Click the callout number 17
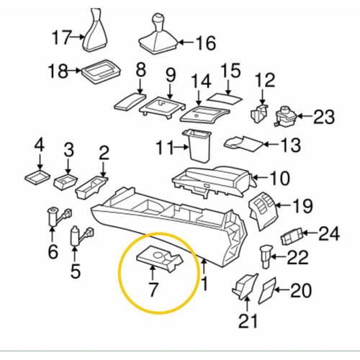62,37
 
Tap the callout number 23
324,117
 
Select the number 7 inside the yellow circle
153,289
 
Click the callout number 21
248,320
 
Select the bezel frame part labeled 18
101,72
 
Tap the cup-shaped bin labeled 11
197,145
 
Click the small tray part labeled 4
37,176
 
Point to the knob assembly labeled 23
286,117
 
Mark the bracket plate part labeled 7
160,258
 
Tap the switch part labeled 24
292,237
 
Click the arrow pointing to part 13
271,144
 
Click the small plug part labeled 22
266,256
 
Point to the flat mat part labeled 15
225,99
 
